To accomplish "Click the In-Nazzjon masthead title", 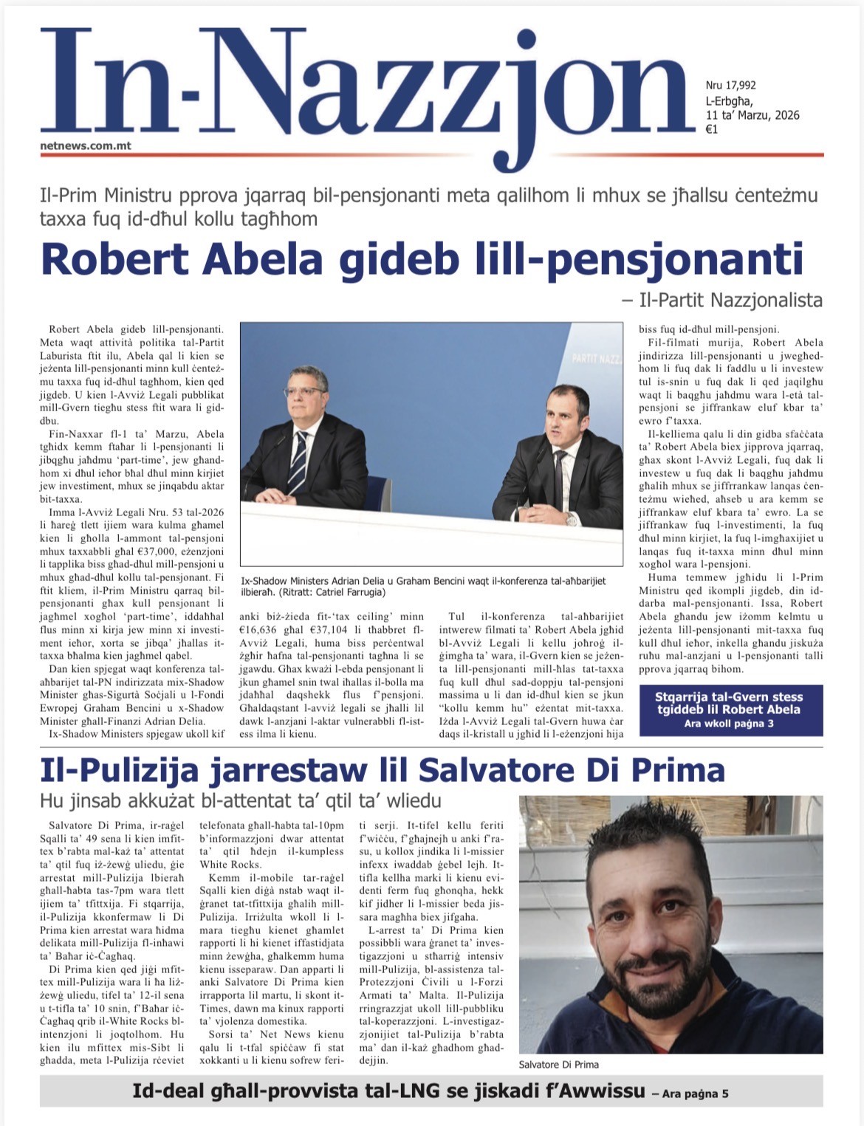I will (362, 89).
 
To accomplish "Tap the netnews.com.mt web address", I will (86, 145).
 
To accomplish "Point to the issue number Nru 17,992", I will (730, 86).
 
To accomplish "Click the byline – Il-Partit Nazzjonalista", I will (722, 300).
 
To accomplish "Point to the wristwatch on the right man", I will (571, 518).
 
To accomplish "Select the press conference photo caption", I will (423, 586).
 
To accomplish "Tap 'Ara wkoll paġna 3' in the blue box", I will (729, 724).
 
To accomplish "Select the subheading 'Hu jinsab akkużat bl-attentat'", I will (240, 801).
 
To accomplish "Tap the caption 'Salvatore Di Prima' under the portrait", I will (558, 1064).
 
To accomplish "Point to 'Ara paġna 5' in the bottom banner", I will (690, 1094).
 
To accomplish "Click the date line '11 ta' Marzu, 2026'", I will (752, 115).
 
